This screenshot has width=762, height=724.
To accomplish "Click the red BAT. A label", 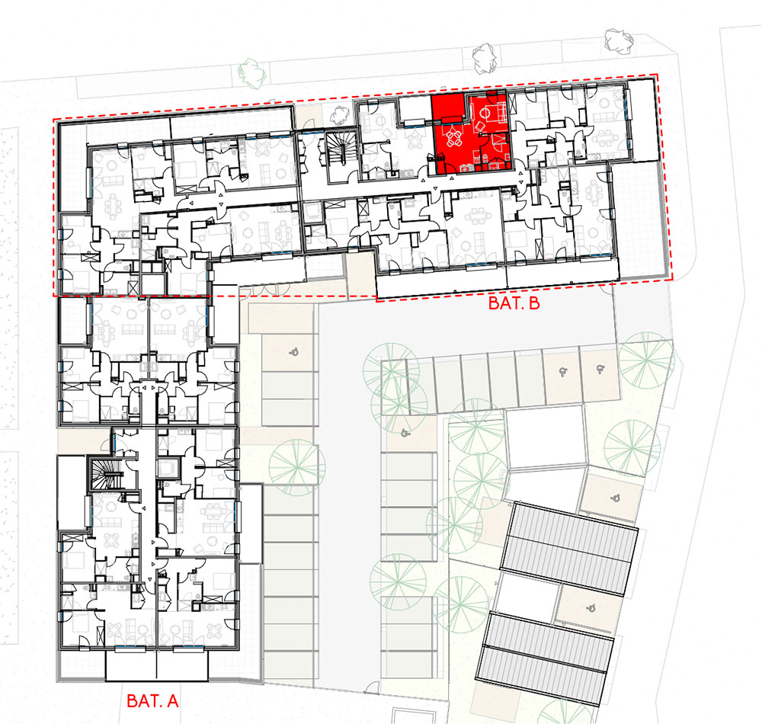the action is click(x=152, y=700).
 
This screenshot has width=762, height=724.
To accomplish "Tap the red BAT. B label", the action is click(x=514, y=303).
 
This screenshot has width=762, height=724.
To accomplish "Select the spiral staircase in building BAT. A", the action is click(x=104, y=473).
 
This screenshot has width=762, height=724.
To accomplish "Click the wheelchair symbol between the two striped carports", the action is click(x=591, y=607).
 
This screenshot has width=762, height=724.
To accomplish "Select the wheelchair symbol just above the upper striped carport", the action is click(x=615, y=497).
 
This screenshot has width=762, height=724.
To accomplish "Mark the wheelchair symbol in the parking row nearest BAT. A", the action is click(x=293, y=352).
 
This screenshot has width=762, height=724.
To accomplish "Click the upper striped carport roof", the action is click(x=569, y=549).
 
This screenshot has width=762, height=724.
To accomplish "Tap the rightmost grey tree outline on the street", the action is click(x=619, y=40).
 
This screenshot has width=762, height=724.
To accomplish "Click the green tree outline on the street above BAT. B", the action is click(x=252, y=73).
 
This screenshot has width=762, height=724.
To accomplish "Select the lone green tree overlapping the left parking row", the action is click(x=297, y=467).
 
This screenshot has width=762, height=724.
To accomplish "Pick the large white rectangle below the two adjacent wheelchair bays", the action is click(x=546, y=437).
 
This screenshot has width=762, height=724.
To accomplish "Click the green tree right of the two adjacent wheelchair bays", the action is click(x=646, y=360).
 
